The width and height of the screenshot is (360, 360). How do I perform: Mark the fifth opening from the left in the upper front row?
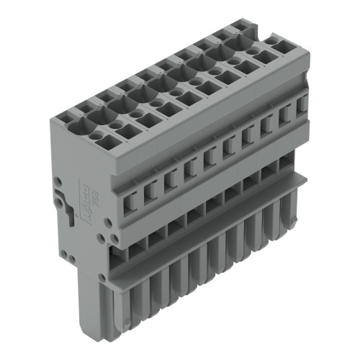pyautogui.click(x=210, y=155)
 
